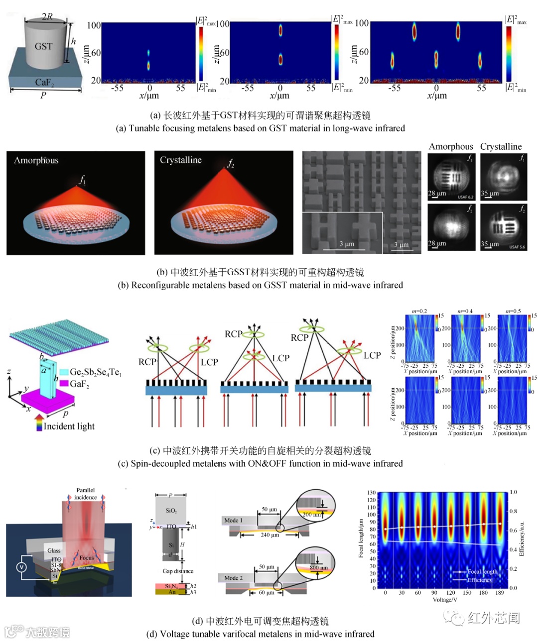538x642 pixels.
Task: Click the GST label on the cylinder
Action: click(43, 46)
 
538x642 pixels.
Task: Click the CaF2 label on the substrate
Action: click(44, 82)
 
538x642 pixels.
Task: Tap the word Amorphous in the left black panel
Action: click(36, 160)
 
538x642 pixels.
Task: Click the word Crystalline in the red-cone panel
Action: click(180, 160)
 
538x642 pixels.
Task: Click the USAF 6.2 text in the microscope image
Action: click(465, 197)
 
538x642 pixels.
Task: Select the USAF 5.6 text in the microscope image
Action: click(517, 247)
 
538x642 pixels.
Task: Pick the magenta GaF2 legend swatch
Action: click(64, 384)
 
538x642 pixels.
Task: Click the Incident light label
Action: click(69, 426)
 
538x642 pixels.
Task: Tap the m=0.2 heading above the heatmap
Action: click(419, 311)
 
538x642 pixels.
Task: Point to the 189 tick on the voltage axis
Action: click(500, 593)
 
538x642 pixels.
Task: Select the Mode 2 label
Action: click(233, 578)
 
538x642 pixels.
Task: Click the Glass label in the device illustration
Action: click(54, 550)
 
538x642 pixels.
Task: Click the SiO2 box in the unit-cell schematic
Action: click(171, 510)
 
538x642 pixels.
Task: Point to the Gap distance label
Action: click(178, 571)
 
